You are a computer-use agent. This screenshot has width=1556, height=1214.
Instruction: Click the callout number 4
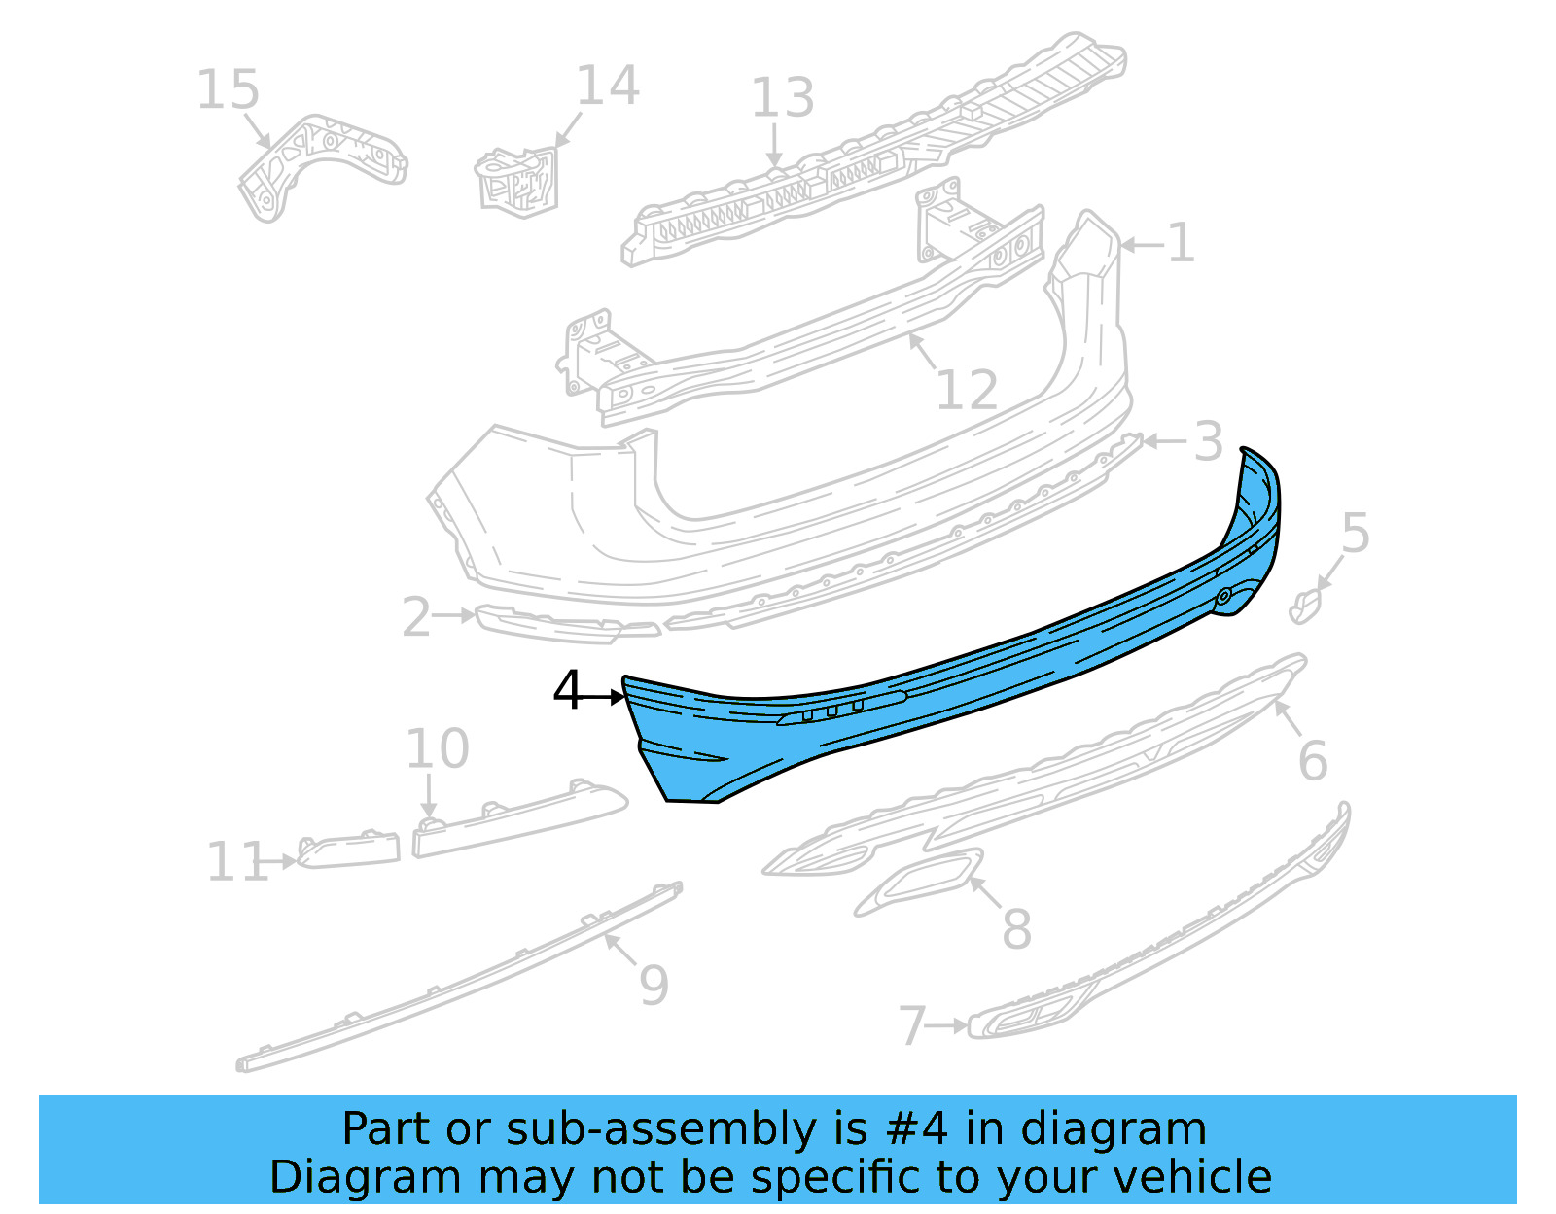pos(567,691)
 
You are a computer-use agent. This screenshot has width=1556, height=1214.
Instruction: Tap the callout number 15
pos(229,90)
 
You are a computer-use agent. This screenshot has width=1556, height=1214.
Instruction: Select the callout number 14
pos(608,86)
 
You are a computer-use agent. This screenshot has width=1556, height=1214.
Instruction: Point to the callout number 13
pos(782,98)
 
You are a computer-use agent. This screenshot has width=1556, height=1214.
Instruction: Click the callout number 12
pos(967,391)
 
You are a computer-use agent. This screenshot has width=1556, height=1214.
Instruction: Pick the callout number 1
pos(1181,243)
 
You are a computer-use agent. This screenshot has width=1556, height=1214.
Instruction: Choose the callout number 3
pos(1208,442)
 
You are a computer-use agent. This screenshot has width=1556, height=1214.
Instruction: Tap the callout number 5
pos(1355,534)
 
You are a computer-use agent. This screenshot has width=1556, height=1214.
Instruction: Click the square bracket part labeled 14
pos(518,180)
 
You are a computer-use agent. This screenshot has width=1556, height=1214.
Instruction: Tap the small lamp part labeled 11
pos(348,850)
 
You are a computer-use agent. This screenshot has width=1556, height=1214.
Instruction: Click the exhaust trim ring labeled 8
pos(919,882)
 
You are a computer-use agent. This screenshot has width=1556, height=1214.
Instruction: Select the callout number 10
pos(437,749)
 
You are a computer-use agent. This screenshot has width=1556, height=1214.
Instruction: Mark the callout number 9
pos(654,985)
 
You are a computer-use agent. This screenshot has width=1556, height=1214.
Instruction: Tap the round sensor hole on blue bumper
pos(1223,596)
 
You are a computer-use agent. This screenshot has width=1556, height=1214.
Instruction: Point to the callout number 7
pos(911,1025)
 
